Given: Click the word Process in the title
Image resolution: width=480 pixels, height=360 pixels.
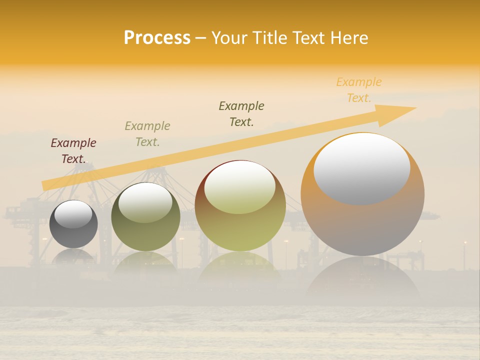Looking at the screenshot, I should [x=157, y=38].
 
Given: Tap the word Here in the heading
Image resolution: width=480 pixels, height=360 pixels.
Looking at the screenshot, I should [x=350, y=38].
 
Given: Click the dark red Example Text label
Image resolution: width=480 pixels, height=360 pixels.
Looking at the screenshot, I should [x=73, y=151].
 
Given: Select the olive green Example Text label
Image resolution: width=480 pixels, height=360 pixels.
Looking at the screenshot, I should [x=147, y=134].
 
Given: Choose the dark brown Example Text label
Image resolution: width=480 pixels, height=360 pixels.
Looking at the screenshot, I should [x=241, y=114].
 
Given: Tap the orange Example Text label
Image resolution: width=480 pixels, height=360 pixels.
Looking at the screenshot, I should [x=359, y=90].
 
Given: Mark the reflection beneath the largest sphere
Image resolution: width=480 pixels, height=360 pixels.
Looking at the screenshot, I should [x=362, y=280].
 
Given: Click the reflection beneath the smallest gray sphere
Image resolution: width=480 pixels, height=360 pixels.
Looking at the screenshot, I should [x=73, y=257].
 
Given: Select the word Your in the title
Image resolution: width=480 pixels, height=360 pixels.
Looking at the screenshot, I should [x=228, y=38].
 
